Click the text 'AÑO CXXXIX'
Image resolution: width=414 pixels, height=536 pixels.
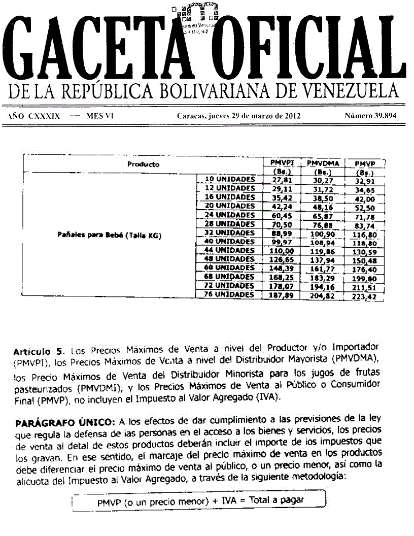[34, 116]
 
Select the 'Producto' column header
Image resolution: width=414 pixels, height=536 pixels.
[143, 164]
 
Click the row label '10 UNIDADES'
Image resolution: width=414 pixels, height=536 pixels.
[229, 179]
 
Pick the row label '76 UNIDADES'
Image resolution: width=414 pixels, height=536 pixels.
[229, 294]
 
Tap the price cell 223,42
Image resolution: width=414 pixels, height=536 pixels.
[365, 296]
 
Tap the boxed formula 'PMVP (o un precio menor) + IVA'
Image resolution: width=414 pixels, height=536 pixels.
[201, 500]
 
